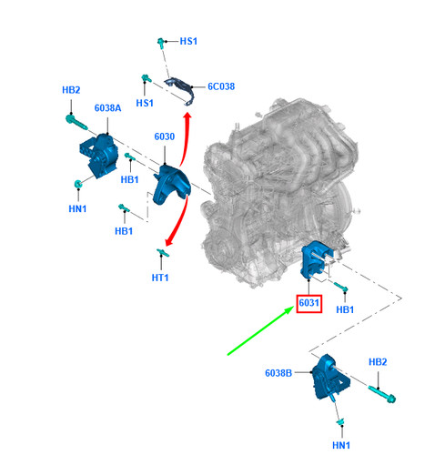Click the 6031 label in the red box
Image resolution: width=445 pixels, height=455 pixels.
[x=308, y=303]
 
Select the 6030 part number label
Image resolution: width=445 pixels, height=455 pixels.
[x=165, y=136]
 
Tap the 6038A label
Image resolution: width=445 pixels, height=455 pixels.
[x=107, y=108]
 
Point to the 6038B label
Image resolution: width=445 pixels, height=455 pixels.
[x=278, y=373]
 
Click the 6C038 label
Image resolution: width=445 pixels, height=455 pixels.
[x=221, y=86]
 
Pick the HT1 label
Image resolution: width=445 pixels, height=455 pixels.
[x=160, y=278]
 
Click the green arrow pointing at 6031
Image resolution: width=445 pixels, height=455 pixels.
[x=260, y=330]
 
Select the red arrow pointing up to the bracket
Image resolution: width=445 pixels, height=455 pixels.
[x=186, y=139]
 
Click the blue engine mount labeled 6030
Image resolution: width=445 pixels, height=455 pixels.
[x=171, y=185]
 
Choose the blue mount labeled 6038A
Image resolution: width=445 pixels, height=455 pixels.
[x=99, y=156]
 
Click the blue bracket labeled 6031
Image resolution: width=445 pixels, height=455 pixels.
[x=317, y=260]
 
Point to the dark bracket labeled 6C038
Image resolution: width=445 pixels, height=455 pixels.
[x=180, y=90]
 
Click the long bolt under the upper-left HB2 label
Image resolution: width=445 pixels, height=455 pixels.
[x=76, y=122]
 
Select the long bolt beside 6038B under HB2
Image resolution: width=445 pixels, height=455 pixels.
[x=382, y=394]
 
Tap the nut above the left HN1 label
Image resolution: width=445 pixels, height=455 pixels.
[x=78, y=184]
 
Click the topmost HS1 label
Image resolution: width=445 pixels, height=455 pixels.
[x=188, y=41]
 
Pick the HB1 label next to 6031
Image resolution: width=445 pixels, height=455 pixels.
[x=345, y=309]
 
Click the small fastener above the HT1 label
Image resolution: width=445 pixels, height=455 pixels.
[x=163, y=253]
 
